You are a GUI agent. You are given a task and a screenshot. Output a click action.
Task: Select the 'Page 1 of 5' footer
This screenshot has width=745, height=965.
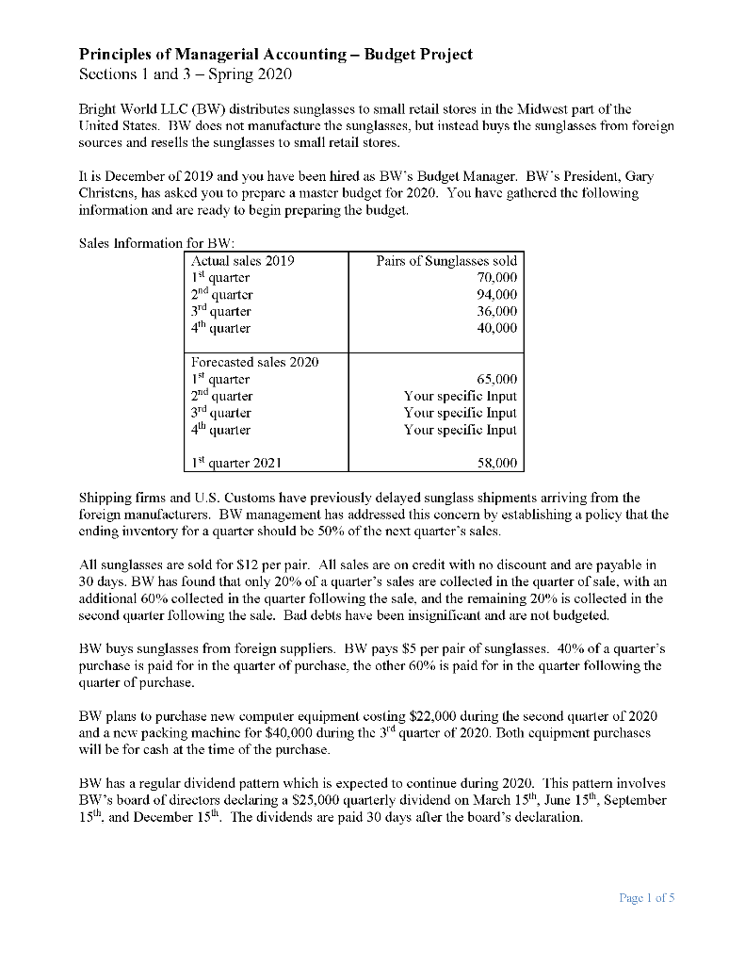(647, 898)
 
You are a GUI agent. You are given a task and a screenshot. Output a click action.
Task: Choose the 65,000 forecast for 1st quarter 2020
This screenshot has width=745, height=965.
(495, 379)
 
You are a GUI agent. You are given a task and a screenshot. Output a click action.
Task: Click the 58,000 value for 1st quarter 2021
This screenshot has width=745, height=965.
(495, 463)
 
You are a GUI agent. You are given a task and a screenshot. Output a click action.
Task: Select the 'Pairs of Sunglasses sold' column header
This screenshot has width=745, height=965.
(446, 260)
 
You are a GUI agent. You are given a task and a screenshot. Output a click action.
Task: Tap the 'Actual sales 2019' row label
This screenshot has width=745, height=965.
(242, 260)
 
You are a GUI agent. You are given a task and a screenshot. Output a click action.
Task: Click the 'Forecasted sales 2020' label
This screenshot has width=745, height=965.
(254, 362)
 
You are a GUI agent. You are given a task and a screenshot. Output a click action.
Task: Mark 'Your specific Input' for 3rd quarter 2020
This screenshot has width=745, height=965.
(461, 413)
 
